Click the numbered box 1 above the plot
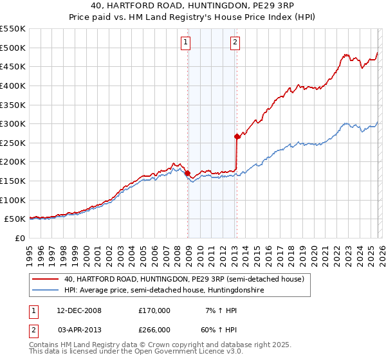point(185,43)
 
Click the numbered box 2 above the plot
point(235,43)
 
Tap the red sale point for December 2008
point(187,173)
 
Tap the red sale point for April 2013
point(237,136)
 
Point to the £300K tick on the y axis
point(13,123)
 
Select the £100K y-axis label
point(13,200)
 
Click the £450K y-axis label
point(13,66)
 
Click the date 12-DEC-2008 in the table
point(79,310)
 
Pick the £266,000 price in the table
point(154,329)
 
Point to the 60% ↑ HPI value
point(221,329)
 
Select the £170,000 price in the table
point(154,310)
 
